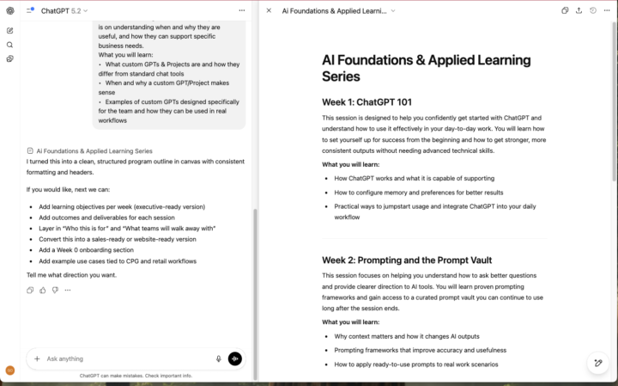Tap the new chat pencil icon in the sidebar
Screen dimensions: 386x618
click(x=9, y=30)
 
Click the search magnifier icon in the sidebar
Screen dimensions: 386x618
click(x=9, y=45)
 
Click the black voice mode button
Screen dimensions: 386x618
click(x=235, y=358)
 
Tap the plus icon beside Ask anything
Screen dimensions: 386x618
click(x=37, y=358)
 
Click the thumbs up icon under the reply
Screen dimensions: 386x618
click(x=43, y=291)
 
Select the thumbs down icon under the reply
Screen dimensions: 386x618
click(x=55, y=291)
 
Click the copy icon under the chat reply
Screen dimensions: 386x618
click(x=31, y=291)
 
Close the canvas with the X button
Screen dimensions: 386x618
click(x=269, y=11)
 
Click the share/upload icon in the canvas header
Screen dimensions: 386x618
click(x=579, y=11)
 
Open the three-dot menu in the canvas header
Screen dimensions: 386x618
click(x=607, y=11)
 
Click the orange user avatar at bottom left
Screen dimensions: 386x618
click(x=9, y=371)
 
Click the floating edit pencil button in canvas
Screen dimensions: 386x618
click(x=598, y=364)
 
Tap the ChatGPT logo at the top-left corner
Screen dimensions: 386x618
click(x=9, y=10)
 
